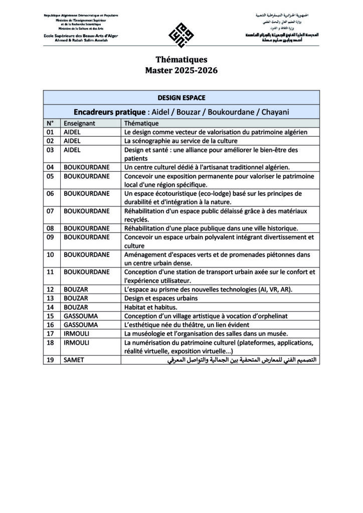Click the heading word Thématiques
coord(181,60)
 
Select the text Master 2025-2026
coord(181,71)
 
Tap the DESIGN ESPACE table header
coord(181,98)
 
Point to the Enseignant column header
coord(79,123)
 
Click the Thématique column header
coord(141,123)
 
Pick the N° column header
coord(50,123)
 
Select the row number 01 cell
coord(50,132)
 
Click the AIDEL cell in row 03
coord(73,150)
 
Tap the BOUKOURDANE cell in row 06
coord(86,193)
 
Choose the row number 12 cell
coord(50,290)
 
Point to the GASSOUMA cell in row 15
coord(80,316)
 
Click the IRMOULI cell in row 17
coord(76,334)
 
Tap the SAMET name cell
coord(74,360)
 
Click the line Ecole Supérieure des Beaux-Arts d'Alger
coord(81,37)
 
